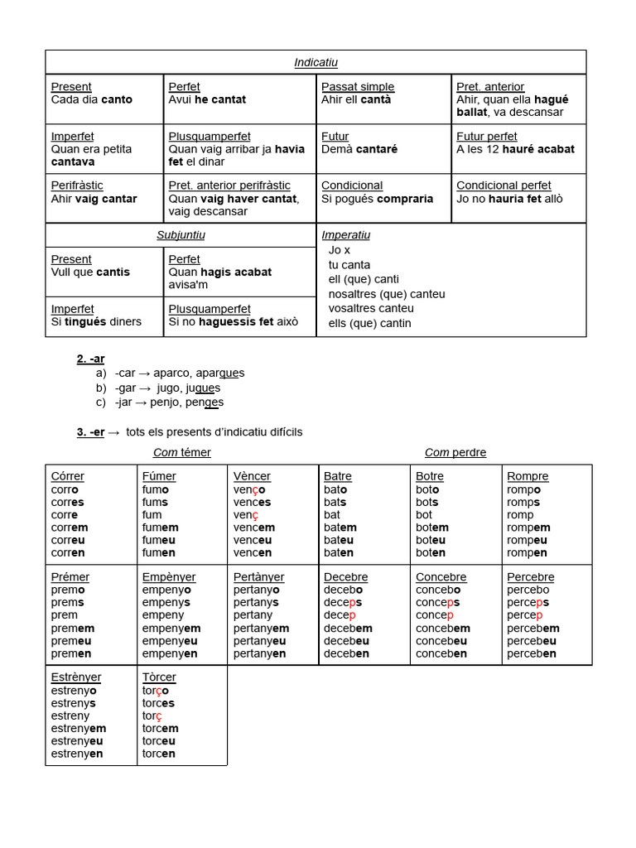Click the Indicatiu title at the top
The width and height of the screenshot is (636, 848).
(316, 63)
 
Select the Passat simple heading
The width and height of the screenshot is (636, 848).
(357, 87)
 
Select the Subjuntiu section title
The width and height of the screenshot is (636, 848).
(181, 235)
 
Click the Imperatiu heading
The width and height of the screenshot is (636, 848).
(345, 235)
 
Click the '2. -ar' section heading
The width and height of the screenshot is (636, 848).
(90, 359)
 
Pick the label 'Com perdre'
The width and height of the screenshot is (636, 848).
(455, 452)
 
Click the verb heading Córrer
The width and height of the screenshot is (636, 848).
(67, 476)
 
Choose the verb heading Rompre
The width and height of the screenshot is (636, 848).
(528, 476)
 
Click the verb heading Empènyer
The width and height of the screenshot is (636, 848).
(169, 577)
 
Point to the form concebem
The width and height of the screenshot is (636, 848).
(443, 628)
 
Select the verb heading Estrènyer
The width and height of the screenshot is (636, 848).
(81, 677)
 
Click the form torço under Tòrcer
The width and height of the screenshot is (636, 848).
(156, 690)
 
